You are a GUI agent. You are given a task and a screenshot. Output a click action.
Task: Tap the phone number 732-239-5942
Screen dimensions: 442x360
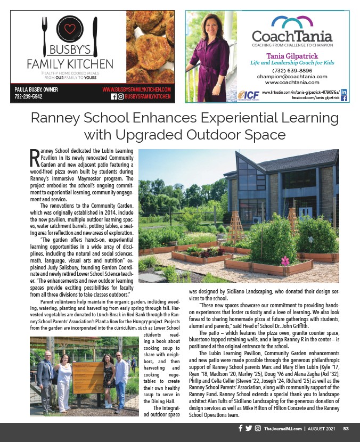point(29,97)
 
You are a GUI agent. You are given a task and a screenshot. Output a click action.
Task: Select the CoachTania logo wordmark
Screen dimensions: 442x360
point(292,37)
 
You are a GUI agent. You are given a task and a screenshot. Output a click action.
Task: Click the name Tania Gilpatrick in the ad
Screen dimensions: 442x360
point(292,55)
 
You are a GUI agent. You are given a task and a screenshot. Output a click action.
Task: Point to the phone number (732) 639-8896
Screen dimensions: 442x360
point(292,70)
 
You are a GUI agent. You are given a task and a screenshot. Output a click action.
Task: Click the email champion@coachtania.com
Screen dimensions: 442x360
point(292,76)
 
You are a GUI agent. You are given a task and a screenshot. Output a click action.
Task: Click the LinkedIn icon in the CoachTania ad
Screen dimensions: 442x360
point(343,92)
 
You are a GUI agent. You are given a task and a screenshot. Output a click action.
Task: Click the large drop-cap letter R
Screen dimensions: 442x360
point(34,158)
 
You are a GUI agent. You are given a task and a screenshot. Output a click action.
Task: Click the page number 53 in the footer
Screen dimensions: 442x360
point(346,429)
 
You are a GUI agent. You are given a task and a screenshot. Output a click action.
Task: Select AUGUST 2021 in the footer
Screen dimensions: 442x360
point(323,429)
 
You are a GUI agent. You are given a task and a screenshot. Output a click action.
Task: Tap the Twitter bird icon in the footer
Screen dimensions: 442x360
point(248,429)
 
